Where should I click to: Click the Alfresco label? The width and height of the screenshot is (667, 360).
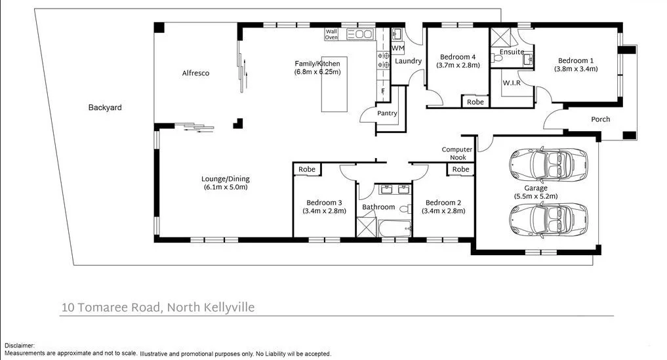coord(195,73)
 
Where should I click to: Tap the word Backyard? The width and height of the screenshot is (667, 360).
coord(105,108)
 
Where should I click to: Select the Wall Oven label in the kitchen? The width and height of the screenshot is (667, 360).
coord(331,34)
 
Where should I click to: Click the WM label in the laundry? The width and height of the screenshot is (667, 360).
coord(397,49)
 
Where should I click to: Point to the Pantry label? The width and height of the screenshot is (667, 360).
coord(387,113)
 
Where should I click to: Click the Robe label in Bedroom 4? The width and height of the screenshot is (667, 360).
coord(475,102)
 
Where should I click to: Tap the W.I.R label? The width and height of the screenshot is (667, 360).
coord(512,83)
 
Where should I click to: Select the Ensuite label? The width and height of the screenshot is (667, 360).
coord(512,52)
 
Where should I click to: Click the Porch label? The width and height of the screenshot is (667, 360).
coord(600,119)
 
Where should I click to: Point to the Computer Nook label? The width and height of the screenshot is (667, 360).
coord(457,153)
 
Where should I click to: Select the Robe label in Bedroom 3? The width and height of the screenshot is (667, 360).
coord(307,170)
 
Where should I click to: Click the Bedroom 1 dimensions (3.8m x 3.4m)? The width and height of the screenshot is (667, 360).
coord(575,69)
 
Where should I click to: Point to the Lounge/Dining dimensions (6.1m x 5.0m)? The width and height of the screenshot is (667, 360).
coord(225,188)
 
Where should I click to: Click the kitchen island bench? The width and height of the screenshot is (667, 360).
coord(334,84)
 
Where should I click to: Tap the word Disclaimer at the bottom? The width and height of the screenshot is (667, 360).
coord(19,346)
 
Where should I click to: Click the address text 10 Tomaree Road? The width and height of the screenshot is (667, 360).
coord(111,307)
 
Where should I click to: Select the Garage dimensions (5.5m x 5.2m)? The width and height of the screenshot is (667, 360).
coord(536,196)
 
